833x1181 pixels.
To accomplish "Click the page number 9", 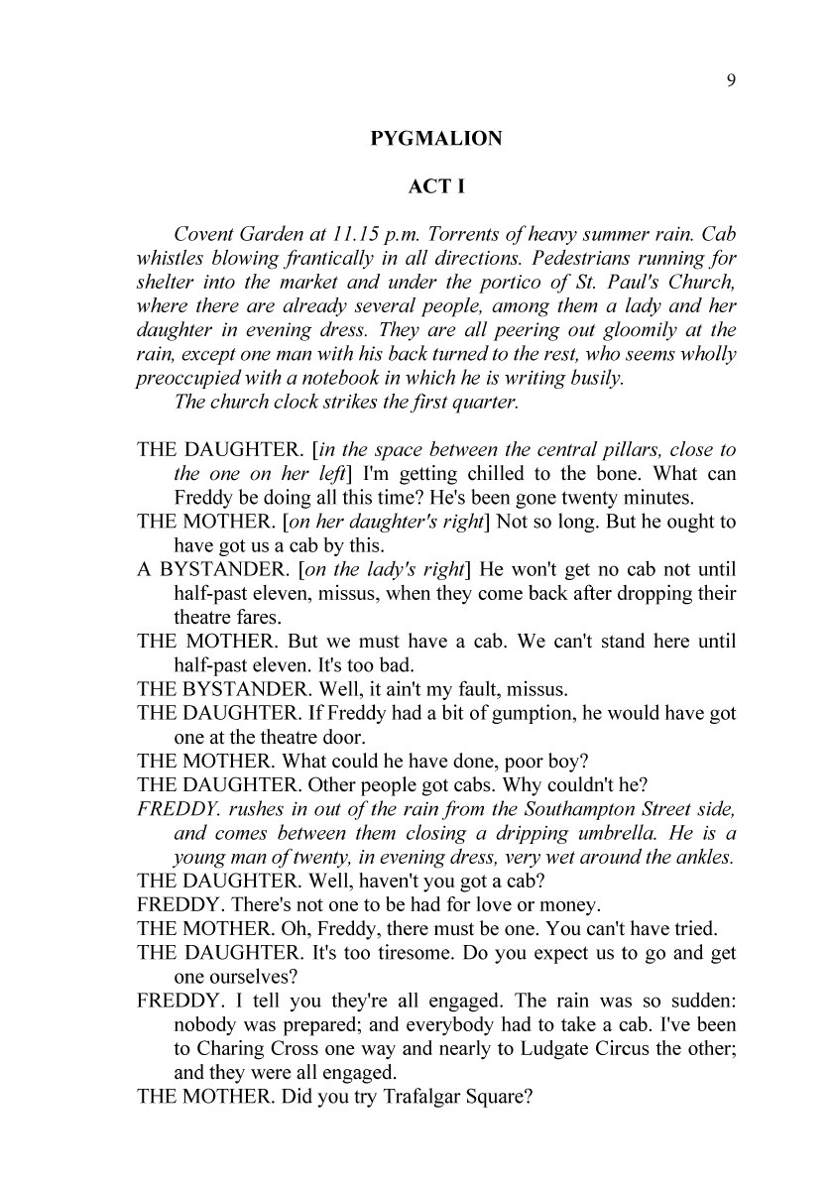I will (731, 82).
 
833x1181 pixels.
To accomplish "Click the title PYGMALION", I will (436, 139).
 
